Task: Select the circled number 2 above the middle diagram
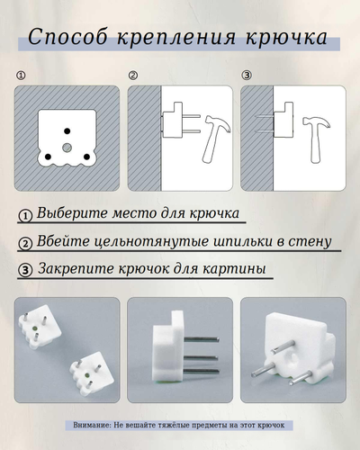coord(133,76)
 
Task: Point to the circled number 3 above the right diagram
coord(247,76)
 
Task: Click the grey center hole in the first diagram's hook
coord(67,146)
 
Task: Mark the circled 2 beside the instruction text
coord(25,243)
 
